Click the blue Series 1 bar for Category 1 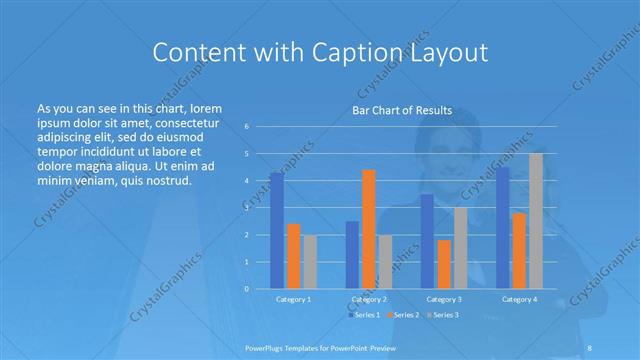[277, 231]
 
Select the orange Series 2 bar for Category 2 [369, 229]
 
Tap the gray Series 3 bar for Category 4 [536, 221]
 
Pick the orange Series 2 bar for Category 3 [444, 264]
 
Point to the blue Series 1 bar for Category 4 [503, 228]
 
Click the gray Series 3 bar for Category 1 [310, 262]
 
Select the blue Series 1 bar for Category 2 [352, 255]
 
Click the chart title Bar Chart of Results [402, 110]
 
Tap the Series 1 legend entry [364, 315]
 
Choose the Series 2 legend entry [404, 315]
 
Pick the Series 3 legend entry [443, 315]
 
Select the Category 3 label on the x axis [444, 299]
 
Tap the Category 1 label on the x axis [294, 299]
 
